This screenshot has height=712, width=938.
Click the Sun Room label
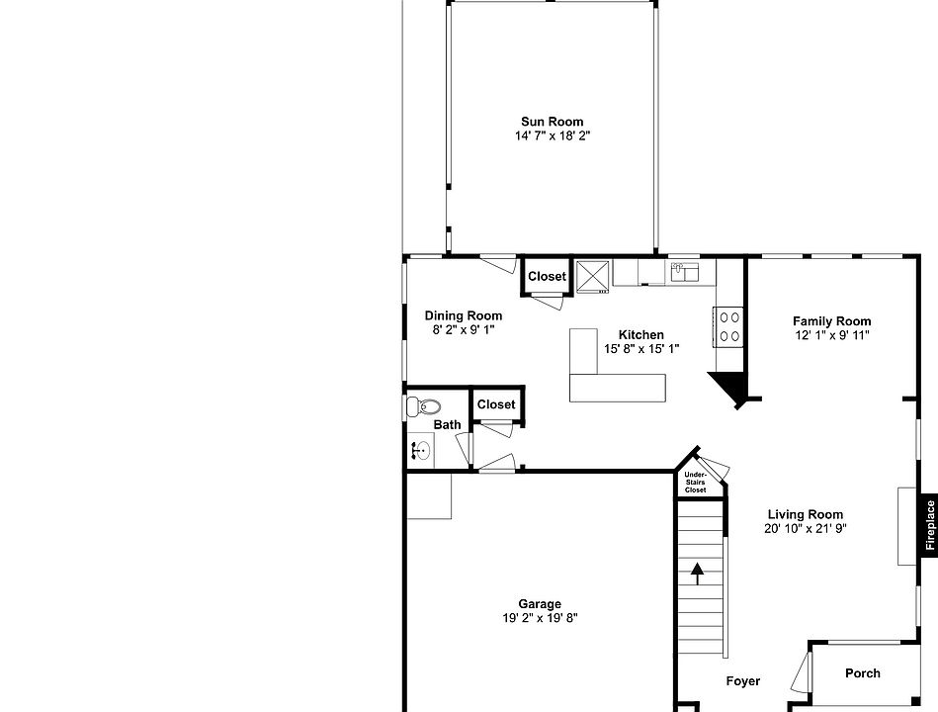pyautogui.click(x=552, y=122)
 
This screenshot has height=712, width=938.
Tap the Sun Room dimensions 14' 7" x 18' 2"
pyautogui.click(x=552, y=135)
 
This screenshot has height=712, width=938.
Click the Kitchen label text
pyautogui.click(x=640, y=334)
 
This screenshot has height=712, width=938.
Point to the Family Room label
pyautogui.click(x=831, y=320)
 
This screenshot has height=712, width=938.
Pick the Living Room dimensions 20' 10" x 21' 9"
pyautogui.click(x=806, y=528)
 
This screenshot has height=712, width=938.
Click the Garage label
pyautogui.click(x=540, y=603)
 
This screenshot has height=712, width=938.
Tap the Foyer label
pyautogui.click(x=743, y=680)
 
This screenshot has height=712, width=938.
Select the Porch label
pyautogui.click(x=862, y=673)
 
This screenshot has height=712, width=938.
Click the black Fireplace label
pyautogui.click(x=929, y=524)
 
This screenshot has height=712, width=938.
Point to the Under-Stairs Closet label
pyautogui.click(x=696, y=483)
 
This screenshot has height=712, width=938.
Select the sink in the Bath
pyautogui.click(x=420, y=451)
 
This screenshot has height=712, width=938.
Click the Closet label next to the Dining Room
pyautogui.click(x=547, y=276)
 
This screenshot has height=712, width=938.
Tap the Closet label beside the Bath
pyautogui.click(x=496, y=403)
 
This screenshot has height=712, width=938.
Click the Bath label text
pyautogui.click(x=447, y=425)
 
